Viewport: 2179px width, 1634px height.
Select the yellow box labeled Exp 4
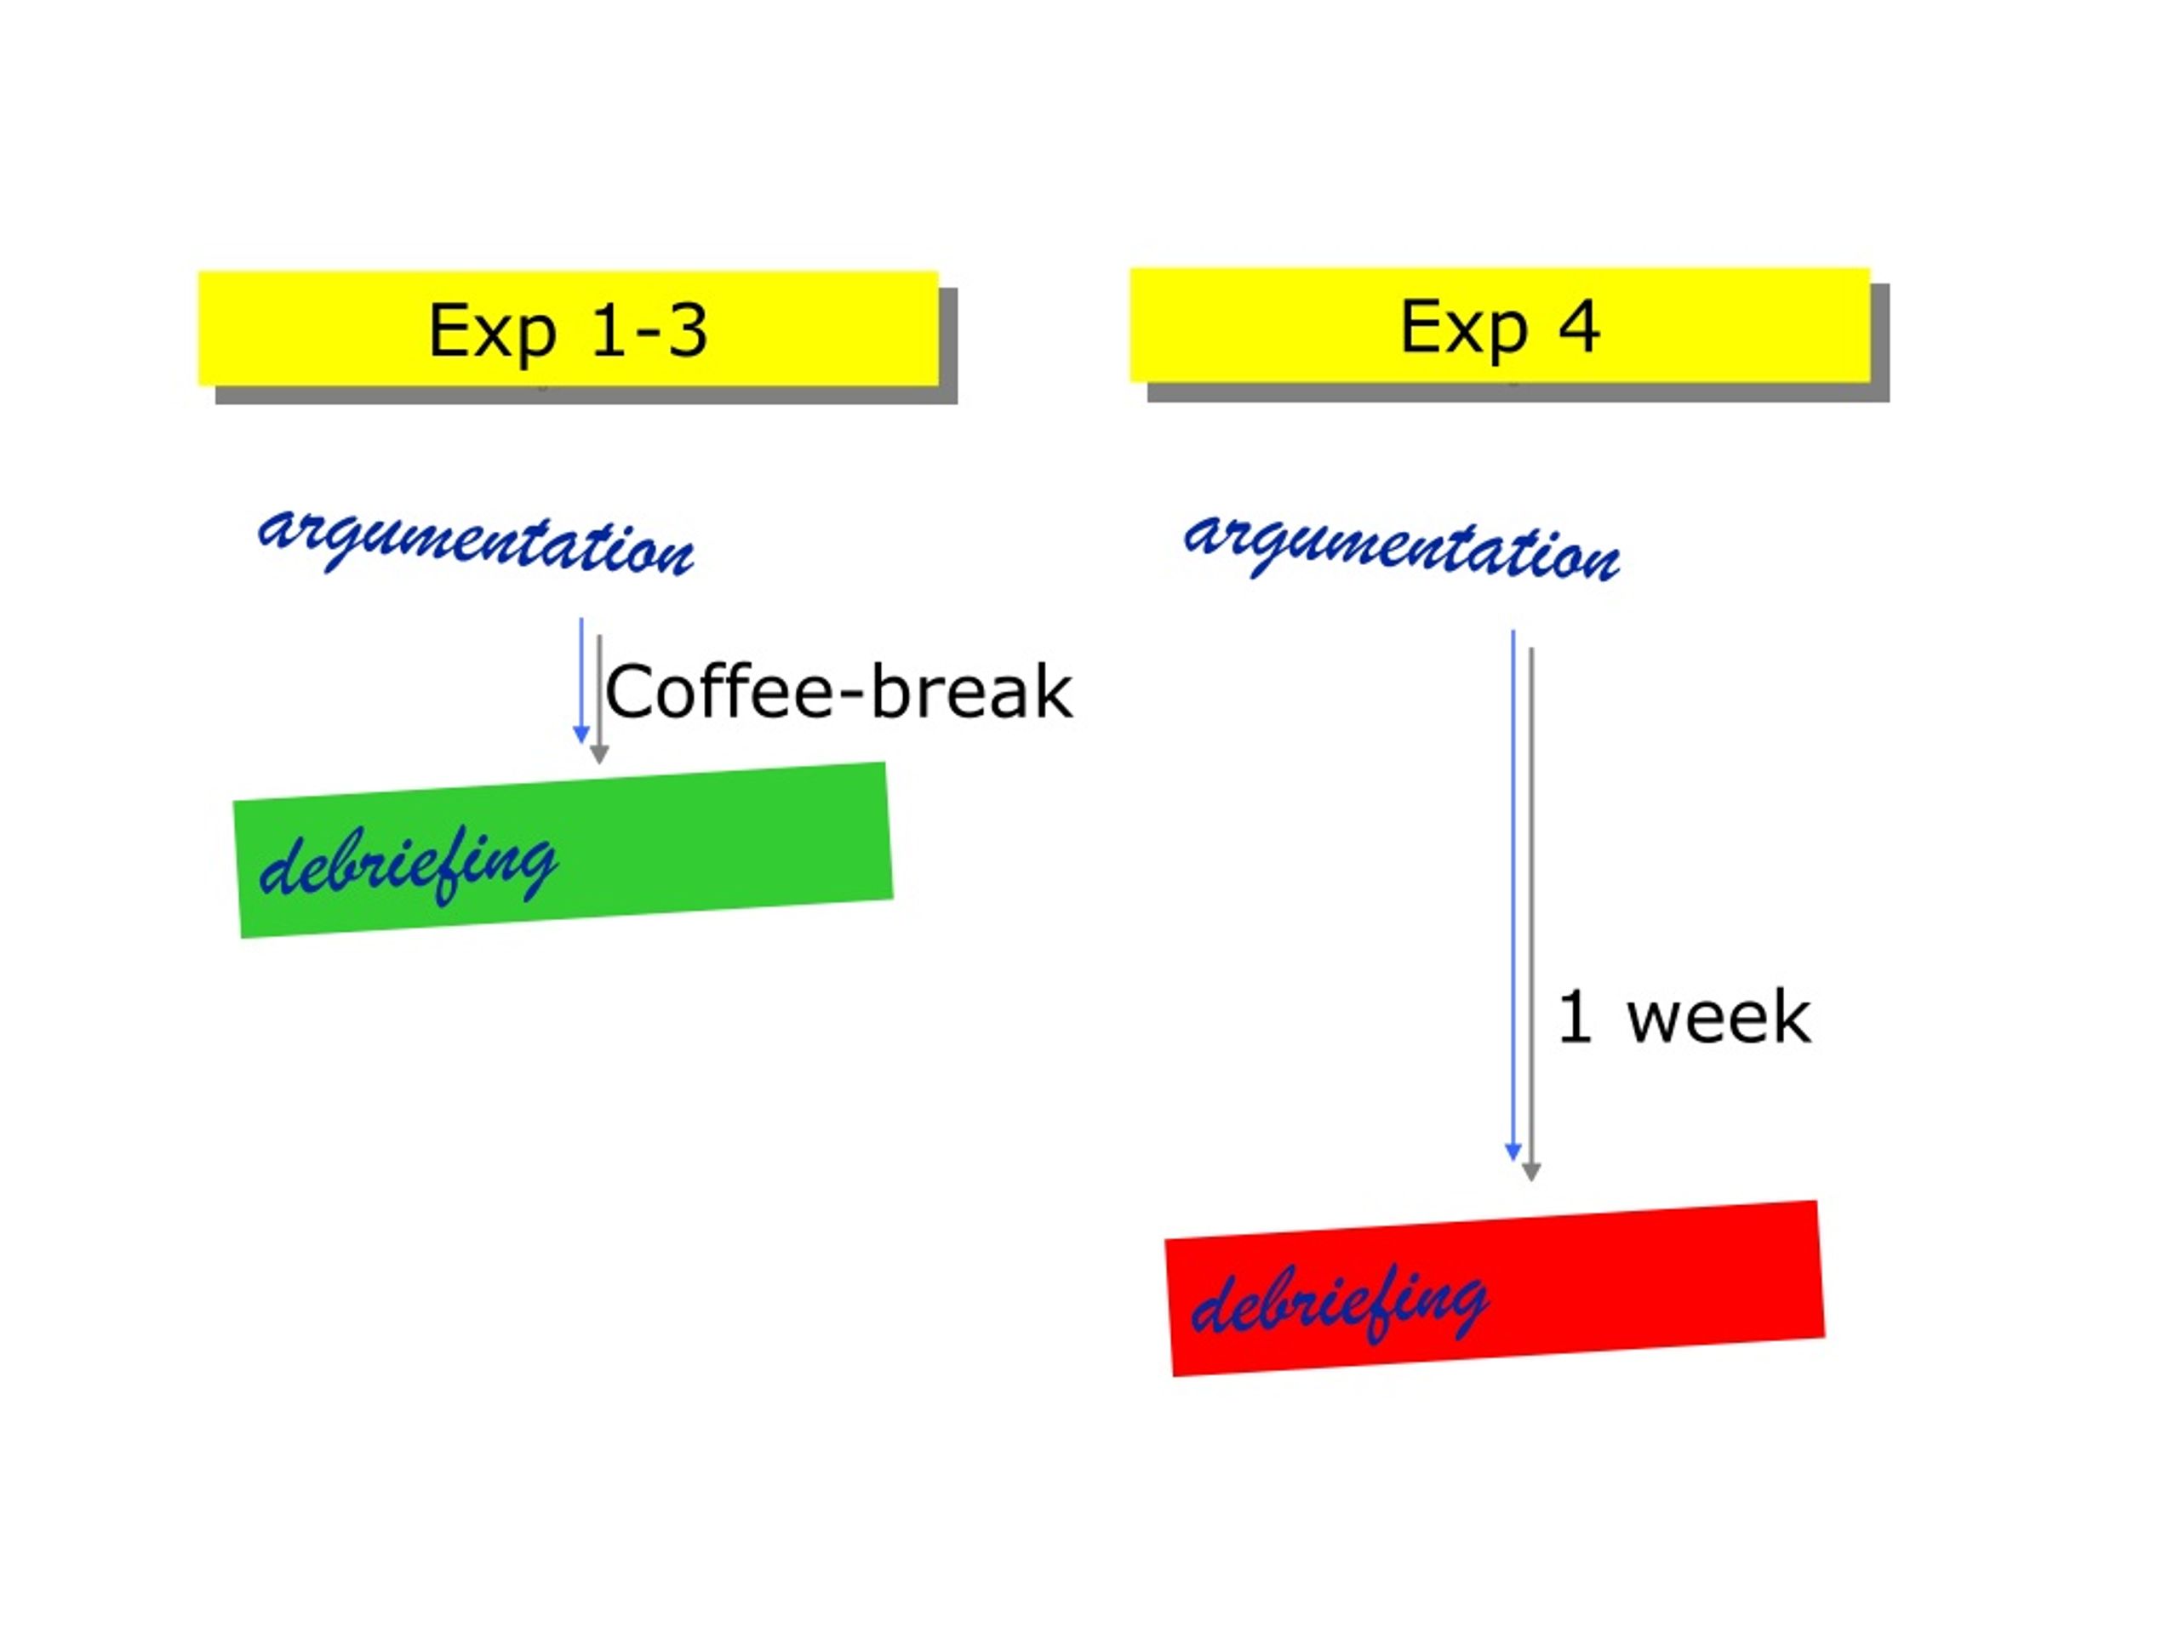[1499, 325]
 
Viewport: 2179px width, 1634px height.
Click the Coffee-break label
[838, 693]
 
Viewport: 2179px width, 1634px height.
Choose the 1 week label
[1684, 1018]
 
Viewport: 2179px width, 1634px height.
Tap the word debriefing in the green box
[409, 864]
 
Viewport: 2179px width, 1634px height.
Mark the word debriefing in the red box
[1340, 1303]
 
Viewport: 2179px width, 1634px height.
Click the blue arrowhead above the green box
[581, 734]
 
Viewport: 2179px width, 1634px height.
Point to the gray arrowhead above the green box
[599, 755]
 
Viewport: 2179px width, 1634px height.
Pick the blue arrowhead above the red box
[1513, 1151]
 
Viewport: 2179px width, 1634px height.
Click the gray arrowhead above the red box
[1530, 1171]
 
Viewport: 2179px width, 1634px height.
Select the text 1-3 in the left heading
[649, 330]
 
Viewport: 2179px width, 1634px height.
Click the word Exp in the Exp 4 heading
[1465, 328]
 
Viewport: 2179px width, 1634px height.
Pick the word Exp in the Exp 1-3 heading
[493, 332]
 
